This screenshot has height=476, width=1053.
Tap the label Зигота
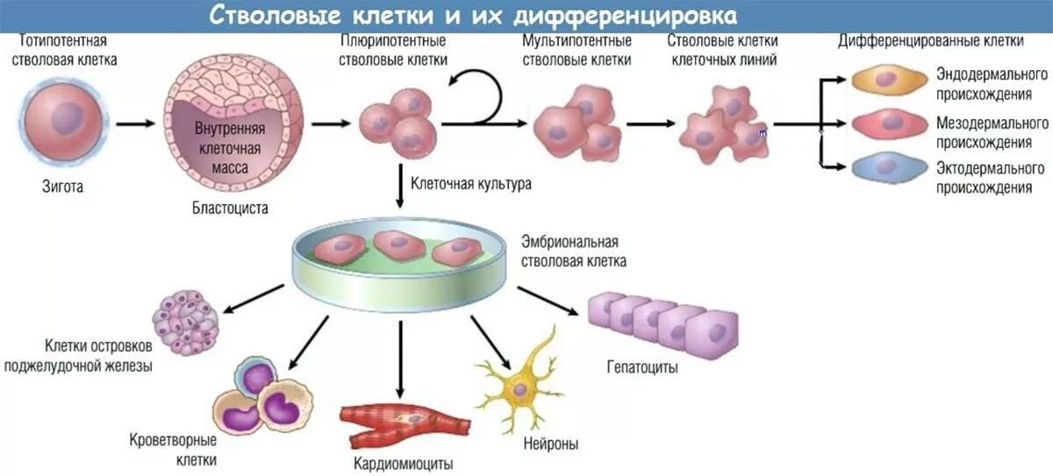pyautogui.click(x=63, y=186)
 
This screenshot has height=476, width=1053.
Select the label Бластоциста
pyautogui.click(x=231, y=209)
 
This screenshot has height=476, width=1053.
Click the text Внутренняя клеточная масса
pyautogui.click(x=230, y=148)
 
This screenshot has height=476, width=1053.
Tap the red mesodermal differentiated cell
pyautogui.click(x=888, y=123)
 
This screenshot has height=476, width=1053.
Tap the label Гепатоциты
pyautogui.click(x=641, y=367)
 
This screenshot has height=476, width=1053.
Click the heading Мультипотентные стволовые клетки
pyautogui.click(x=577, y=50)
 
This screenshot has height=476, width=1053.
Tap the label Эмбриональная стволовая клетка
pyautogui.click(x=574, y=251)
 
